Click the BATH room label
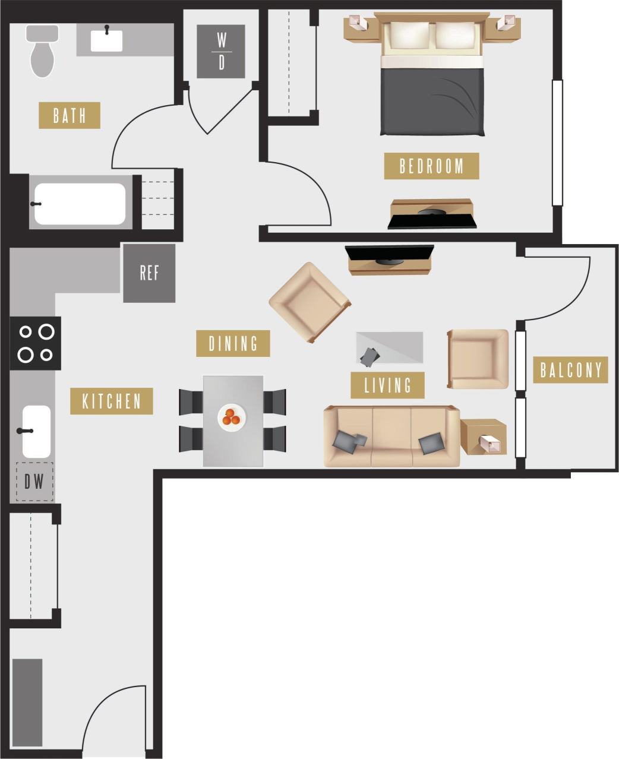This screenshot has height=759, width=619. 69,115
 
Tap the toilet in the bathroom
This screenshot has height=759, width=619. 42,53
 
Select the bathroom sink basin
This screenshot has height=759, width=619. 106,41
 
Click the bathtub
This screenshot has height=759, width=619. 80,204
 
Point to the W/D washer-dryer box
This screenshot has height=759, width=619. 221,52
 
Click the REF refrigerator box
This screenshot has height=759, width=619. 149,273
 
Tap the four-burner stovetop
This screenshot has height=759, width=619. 35,343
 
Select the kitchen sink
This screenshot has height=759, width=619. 36,431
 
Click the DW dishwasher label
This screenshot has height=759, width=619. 34,481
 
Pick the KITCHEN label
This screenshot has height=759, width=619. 112,401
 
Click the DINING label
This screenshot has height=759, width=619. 233,343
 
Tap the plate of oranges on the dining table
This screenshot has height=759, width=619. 231,416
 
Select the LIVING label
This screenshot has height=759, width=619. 387,385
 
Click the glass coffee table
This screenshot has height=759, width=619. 390,347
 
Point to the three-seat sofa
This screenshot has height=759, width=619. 391,437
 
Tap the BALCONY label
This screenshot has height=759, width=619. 570,369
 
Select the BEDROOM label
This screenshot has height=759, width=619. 431,166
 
